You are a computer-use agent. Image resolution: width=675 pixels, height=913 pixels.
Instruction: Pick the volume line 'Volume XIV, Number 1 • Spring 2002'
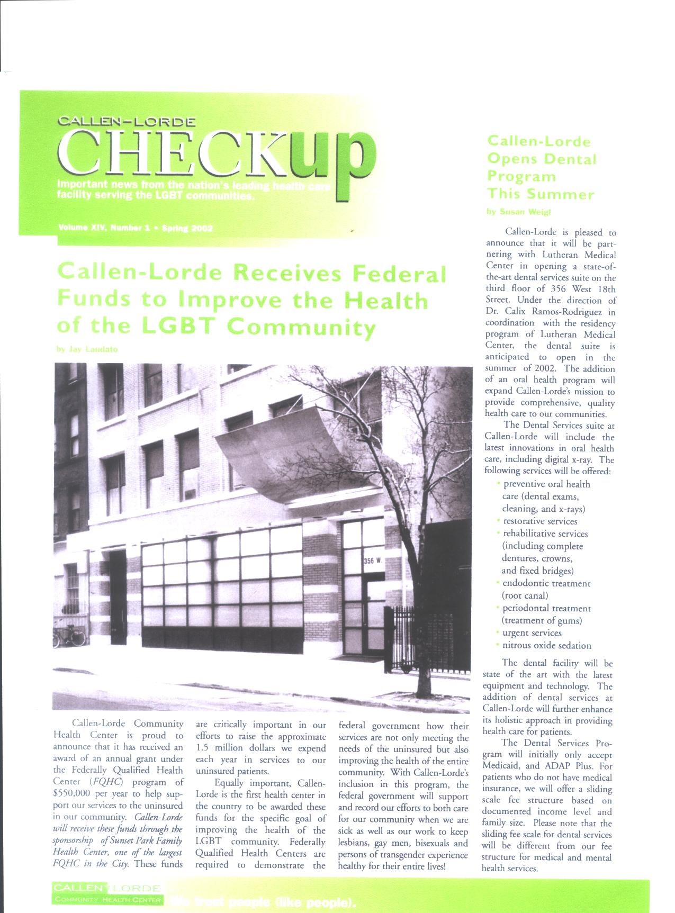tap(136, 229)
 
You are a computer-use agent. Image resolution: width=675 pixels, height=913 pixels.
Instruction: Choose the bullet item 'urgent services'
tap(532, 633)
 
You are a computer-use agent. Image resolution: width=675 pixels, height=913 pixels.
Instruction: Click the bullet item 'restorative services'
tap(540, 521)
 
